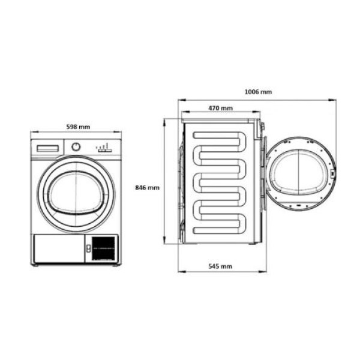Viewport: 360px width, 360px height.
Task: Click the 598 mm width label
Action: point(77,127)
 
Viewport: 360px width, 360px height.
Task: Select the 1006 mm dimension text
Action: point(259,92)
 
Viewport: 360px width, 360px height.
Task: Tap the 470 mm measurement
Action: point(221,109)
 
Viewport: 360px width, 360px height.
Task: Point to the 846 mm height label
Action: point(148,188)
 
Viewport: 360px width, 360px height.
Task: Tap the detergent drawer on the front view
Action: point(49,147)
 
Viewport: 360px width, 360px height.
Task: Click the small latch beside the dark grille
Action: point(89,247)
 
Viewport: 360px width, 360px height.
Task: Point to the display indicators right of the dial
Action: point(103,147)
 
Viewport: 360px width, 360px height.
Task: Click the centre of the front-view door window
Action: point(76,193)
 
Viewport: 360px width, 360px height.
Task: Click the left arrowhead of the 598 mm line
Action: point(32,133)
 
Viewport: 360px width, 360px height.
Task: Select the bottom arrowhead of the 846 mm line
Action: point(165,243)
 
